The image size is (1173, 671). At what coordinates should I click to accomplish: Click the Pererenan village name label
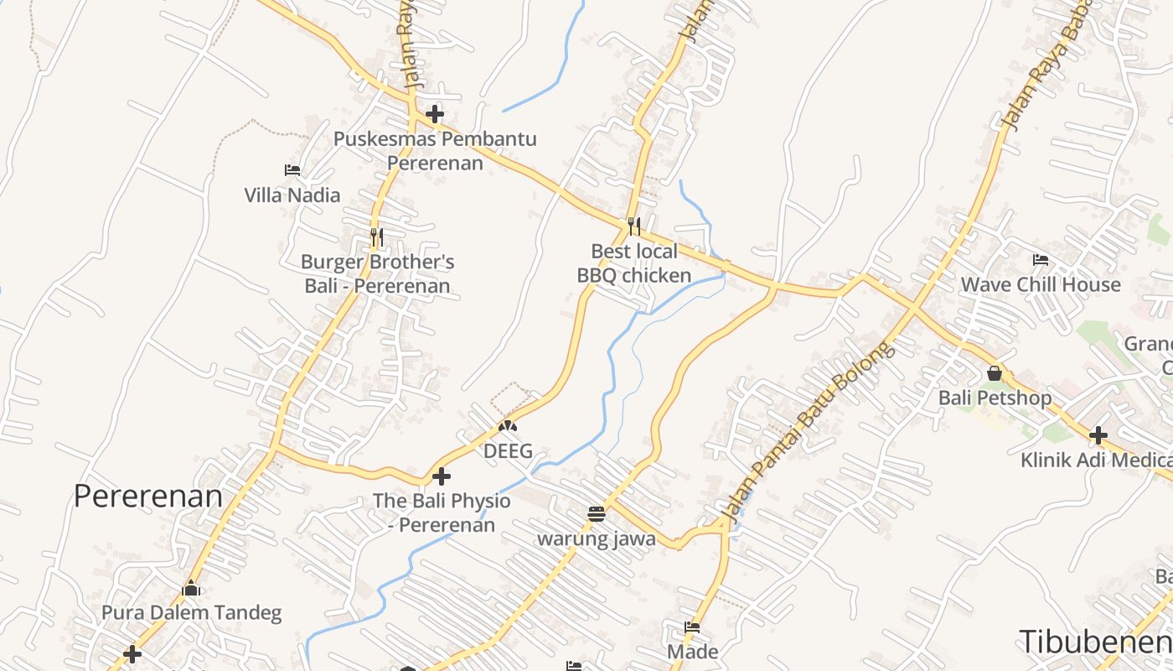[148, 496]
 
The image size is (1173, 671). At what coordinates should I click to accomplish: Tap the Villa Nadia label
[292, 195]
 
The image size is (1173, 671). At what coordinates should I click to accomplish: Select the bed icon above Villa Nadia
[292, 169]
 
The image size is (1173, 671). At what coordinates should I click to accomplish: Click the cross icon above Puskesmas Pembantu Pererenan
[435, 114]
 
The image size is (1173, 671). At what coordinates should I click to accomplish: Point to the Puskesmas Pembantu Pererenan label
[435, 150]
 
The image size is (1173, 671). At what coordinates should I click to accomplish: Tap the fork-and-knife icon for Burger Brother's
[377, 237]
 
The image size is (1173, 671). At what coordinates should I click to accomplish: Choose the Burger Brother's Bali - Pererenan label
[377, 273]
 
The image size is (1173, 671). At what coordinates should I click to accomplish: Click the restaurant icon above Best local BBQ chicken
[634, 226]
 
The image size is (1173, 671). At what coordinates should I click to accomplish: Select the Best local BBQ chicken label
[634, 263]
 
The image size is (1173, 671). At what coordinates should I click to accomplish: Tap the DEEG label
[508, 451]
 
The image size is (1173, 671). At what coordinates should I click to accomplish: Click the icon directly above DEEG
[507, 426]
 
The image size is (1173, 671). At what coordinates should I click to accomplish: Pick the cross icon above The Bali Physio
[442, 477]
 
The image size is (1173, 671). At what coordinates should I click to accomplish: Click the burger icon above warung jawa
[597, 513]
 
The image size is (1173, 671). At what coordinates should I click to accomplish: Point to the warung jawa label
[597, 538]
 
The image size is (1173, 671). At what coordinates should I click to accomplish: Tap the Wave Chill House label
[1040, 284]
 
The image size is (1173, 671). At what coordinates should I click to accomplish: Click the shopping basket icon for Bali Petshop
[995, 373]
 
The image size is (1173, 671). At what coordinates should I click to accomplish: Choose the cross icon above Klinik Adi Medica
[1098, 435]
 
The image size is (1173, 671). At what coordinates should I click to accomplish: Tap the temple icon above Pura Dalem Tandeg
[192, 588]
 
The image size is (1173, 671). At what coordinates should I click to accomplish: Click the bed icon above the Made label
[692, 627]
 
